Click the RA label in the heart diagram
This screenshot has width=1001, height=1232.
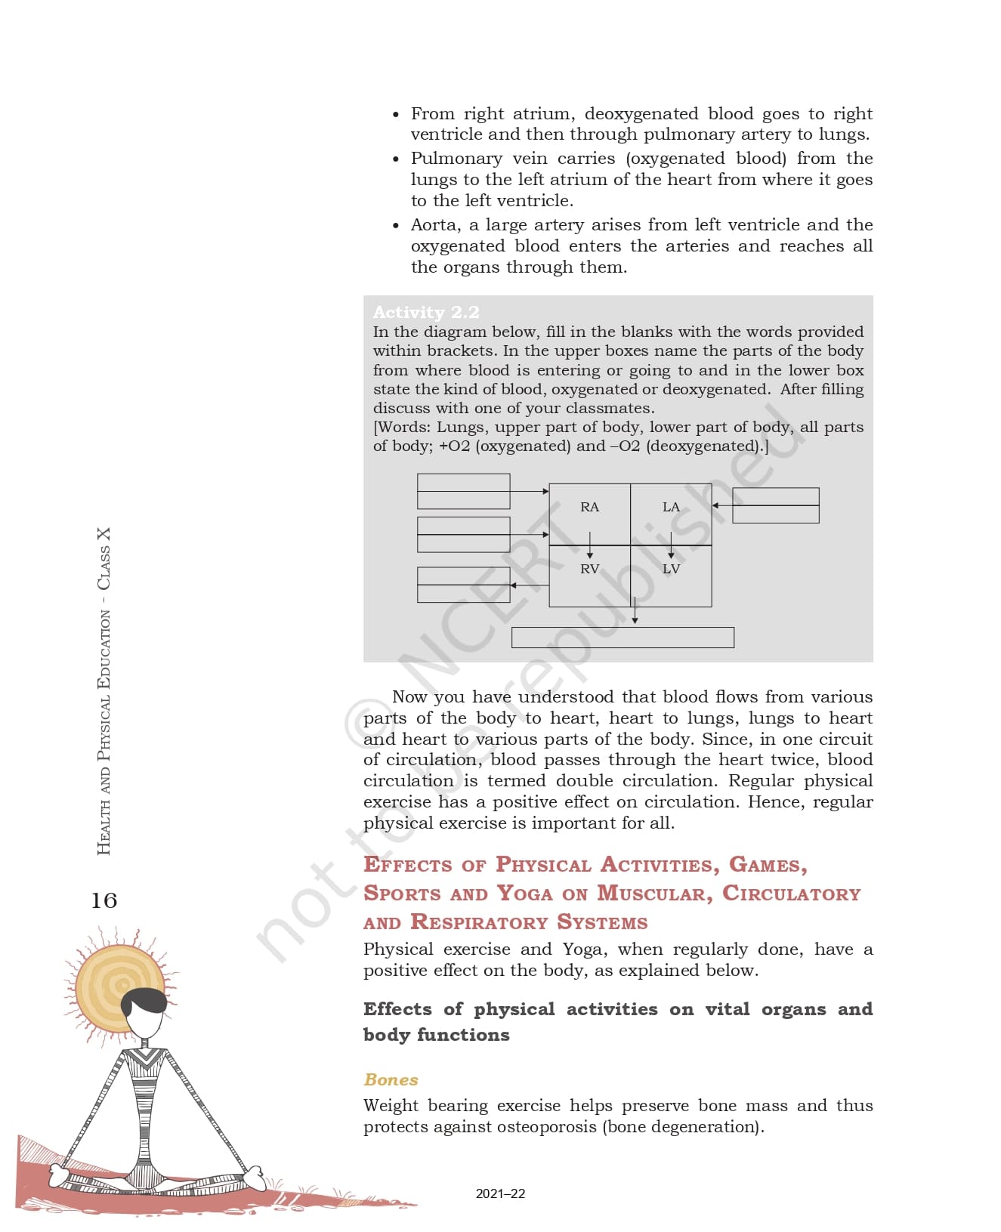click(589, 507)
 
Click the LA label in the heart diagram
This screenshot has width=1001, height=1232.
click(671, 507)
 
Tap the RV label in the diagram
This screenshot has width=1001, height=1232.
click(589, 569)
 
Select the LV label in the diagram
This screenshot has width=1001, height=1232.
click(671, 569)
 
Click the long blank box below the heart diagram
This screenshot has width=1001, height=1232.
click(623, 638)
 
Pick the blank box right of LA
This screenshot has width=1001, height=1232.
click(776, 505)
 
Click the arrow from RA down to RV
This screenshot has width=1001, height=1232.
click(590, 545)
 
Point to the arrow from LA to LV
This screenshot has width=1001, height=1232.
click(671, 545)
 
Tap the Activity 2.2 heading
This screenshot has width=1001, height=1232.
click(426, 312)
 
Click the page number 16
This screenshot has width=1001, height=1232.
click(104, 900)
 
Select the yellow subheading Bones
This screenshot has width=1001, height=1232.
click(391, 1079)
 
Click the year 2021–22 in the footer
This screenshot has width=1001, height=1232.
click(500, 1193)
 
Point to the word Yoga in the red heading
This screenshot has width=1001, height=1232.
click(524, 894)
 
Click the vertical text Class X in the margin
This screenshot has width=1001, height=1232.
click(103, 558)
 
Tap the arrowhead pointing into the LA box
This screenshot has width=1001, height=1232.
click(715, 505)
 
